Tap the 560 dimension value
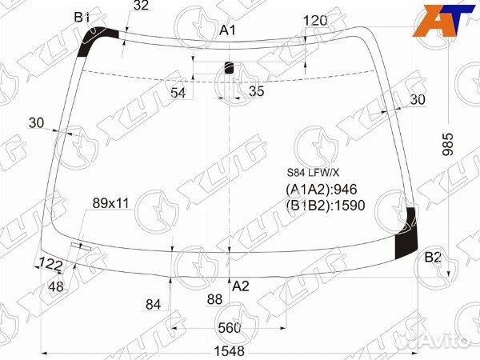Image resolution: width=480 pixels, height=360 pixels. [230, 328]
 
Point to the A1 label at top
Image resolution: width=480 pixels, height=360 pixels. [228, 30]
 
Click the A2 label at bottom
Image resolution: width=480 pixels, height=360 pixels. [241, 286]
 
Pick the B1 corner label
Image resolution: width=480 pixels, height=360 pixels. [82, 18]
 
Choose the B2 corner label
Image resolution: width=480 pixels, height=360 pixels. [433, 258]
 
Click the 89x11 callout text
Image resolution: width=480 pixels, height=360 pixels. [111, 203]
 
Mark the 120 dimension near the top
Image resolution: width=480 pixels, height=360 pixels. [315, 21]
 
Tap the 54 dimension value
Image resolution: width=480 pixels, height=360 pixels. [178, 93]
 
